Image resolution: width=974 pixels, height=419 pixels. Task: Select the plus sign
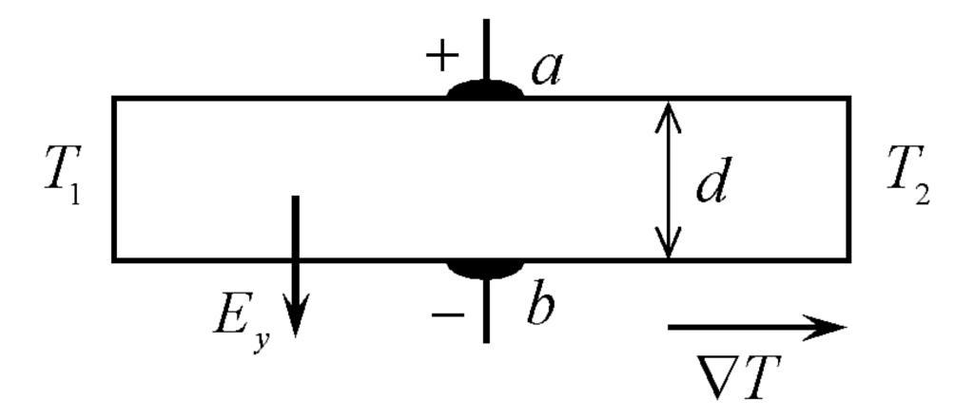440,58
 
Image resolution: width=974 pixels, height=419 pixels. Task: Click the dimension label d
711,183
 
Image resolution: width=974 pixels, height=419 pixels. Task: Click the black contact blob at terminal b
485,267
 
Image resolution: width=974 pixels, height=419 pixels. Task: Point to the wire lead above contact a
486,48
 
